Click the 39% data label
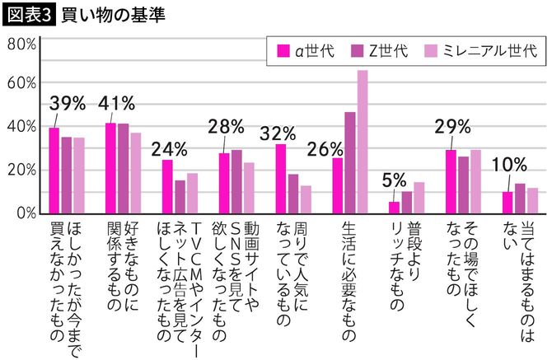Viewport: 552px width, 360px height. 68,104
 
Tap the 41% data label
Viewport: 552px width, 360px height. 116,104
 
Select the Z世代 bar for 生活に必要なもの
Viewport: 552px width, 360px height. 350,162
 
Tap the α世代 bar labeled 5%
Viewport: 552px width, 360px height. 394,208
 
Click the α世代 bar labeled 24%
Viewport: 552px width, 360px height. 167,186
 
